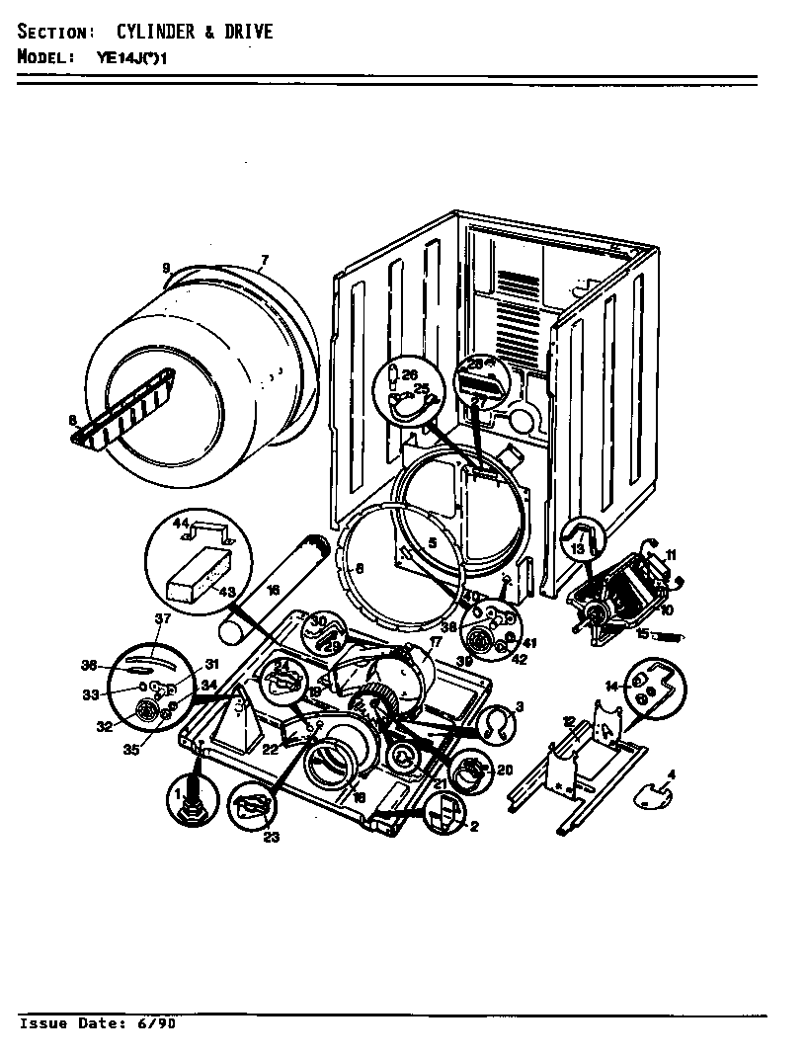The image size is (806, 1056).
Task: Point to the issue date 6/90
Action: [x=160, y=1023]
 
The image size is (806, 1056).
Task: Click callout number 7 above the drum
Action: [x=264, y=262]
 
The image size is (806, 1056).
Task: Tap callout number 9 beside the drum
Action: [x=166, y=268]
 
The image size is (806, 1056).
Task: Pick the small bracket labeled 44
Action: [x=209, y=530]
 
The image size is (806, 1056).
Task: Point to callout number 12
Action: [x=568, y=720]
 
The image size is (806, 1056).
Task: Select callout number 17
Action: [x=435, y=641]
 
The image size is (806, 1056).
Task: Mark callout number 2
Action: [x=473, y=827]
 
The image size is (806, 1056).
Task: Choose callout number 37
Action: [x=164, y=618]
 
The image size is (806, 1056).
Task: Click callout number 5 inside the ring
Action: [x=431, y=542]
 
